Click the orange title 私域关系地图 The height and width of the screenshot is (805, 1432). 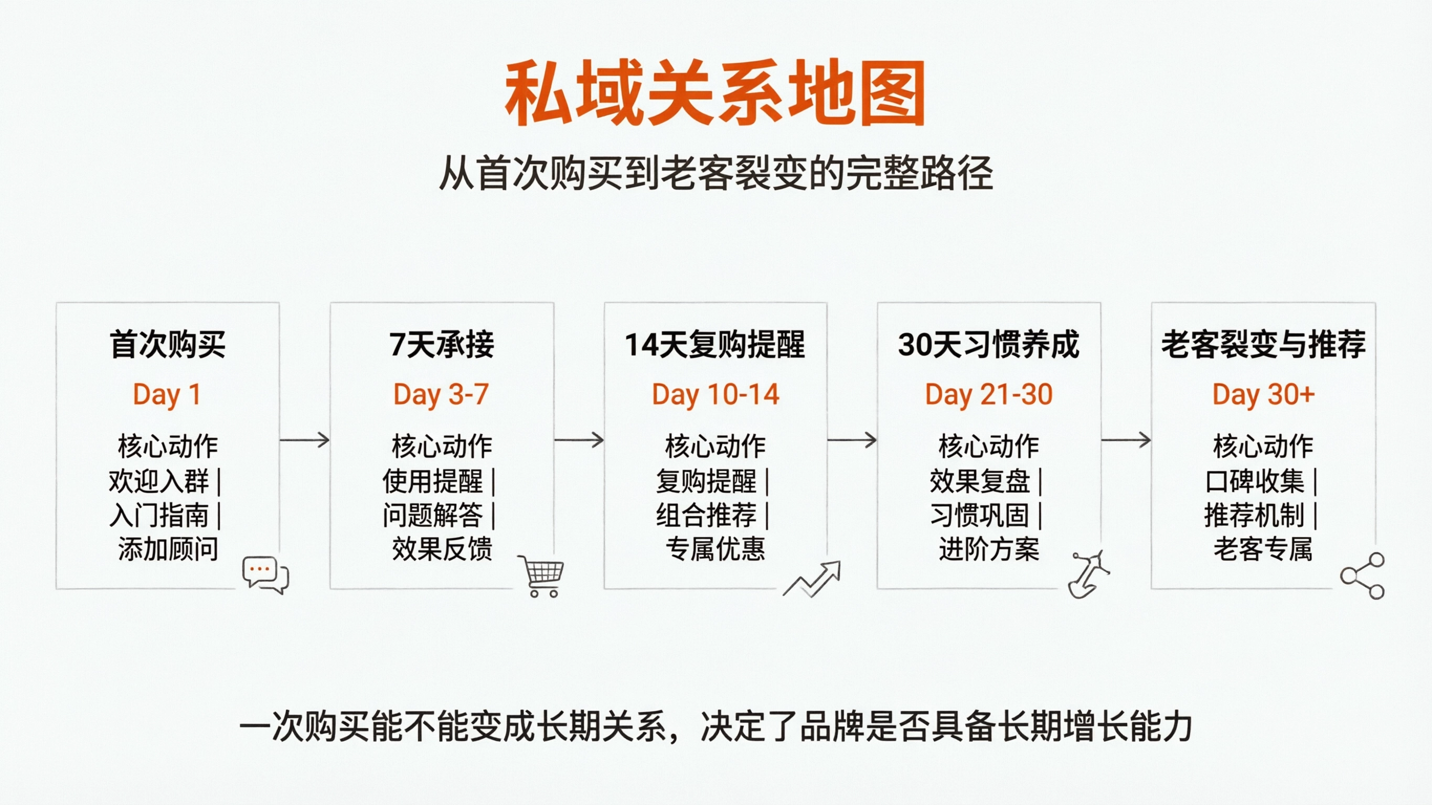coord(715,93)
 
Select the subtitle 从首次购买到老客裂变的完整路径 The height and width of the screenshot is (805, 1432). coord(715,173)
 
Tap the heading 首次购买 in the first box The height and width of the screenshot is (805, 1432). coord(167,344)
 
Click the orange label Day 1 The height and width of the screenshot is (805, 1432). coord(166,395)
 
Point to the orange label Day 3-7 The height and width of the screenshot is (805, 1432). coord(441,395)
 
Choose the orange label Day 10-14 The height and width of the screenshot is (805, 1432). coord(715,395)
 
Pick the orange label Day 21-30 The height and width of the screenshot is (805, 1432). coord(989,395)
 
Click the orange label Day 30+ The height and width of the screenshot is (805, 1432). coord(1264,395)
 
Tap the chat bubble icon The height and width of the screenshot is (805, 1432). coord(265,574)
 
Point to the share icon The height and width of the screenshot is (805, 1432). coord(1363,575)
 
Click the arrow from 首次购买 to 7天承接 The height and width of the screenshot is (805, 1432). coord(305,440)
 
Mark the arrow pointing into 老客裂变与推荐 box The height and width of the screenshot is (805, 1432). coord(1126,440)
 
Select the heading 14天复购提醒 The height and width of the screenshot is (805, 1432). coord(715,344)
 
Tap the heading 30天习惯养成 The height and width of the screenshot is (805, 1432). coord(989,344)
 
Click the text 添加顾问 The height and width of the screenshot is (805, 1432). coord(168,549)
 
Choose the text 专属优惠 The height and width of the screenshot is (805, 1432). coord(715,549)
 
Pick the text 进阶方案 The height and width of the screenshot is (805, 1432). coord(989,549)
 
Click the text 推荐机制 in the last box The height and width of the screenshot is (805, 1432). coord(1254,515)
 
